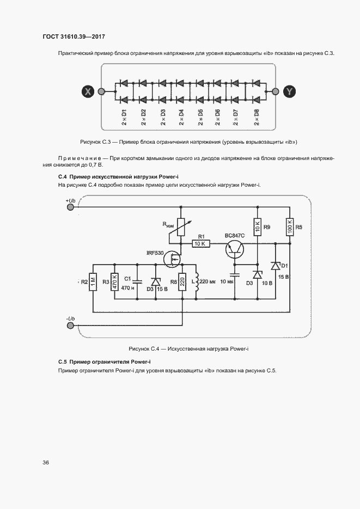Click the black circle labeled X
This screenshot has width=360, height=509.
pos(87,91)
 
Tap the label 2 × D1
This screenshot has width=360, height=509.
pos(124,118)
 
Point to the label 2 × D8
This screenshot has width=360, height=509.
pos(256,118)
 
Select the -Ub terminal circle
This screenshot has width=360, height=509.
pos(70,325)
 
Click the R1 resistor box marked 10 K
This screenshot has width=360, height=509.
pos(200,243)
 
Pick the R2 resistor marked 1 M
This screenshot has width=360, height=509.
pos(94,282)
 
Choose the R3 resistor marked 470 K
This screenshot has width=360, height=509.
pos(114,282)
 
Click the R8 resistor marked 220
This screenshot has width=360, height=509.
pos(182,282)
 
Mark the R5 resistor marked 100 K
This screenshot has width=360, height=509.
pos(289,226)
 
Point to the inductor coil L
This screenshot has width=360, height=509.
pos(196,282)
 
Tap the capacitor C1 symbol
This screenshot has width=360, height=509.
pos(137,281)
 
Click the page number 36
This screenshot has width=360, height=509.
pos(46,462)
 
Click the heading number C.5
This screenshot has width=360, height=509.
pos(62,362)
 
